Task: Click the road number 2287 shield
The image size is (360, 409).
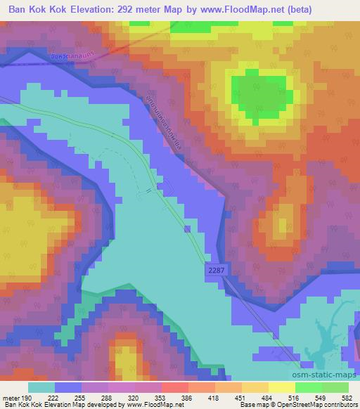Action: click(216, 269)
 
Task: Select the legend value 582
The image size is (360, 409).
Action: click(347, 397)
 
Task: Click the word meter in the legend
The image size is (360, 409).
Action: click(10, 397)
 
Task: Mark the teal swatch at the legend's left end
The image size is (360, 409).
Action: click(41, 387)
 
